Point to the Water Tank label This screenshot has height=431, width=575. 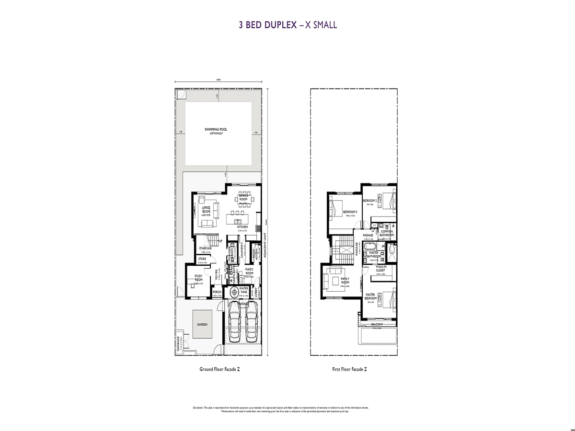point(243,290)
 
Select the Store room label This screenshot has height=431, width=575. point(202,259)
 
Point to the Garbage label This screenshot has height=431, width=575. point(178,343)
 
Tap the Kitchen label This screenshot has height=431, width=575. point(242,227)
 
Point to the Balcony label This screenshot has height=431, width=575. point(379,324)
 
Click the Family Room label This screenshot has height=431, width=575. point(345,280)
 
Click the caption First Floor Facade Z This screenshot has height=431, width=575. point(349,369)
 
